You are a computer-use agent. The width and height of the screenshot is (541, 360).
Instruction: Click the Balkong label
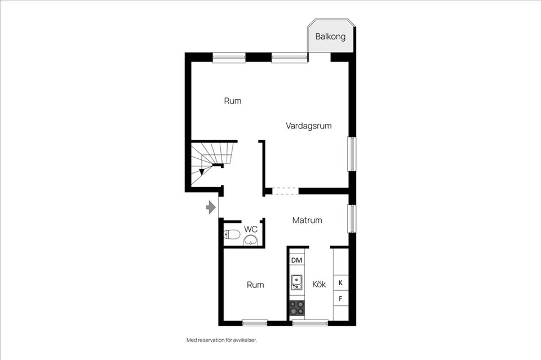tap(330, 37)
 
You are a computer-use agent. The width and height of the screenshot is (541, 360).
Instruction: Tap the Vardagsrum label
tap(308, 126)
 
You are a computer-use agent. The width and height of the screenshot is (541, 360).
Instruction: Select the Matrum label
tap(307, 220)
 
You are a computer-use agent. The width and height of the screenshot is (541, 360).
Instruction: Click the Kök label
tap(319, 284)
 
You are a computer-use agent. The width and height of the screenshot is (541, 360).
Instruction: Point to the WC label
tap(250, 229)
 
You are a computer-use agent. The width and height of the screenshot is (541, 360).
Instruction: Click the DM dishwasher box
tap(297, 260)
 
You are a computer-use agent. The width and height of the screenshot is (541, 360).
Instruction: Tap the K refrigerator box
tap(340, 283)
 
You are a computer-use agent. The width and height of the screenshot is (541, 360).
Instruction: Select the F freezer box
tap(340, 299)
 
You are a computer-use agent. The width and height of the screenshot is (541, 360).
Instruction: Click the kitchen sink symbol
tap(296, 282)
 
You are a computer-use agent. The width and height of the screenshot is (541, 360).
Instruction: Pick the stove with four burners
tap(297, 308)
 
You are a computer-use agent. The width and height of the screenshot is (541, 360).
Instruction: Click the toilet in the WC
tap(232, 234)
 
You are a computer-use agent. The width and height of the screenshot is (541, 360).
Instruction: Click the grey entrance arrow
tap(211, 207)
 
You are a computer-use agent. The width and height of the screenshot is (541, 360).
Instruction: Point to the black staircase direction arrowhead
tap(202, 172)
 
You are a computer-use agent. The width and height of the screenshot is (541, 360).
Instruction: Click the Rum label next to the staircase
tap(233, 101)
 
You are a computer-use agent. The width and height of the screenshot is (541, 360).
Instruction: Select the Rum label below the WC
tap(255, 285)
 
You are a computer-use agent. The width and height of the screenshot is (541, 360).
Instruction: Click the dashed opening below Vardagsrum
tap(285, 191)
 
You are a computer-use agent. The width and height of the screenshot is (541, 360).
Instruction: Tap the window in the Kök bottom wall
tap(310, 323)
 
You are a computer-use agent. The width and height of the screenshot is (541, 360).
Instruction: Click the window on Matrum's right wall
tap(352, 219)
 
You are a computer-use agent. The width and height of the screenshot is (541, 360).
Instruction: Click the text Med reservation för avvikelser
tap(222, 340)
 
